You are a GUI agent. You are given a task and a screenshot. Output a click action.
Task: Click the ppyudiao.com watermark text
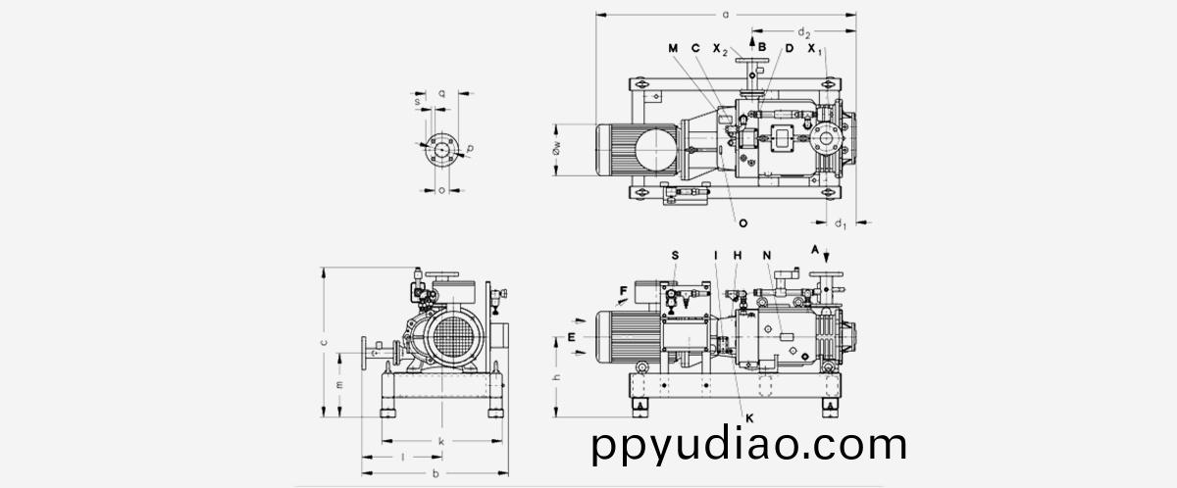[x=749, y=446]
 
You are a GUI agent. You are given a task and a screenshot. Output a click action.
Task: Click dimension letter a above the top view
[x=725, y=15]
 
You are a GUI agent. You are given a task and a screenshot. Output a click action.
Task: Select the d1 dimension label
[x=841, y=223]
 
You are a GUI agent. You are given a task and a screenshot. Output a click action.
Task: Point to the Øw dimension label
[x=555, y=149]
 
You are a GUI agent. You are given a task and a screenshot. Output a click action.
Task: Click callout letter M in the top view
[x=674, y=48]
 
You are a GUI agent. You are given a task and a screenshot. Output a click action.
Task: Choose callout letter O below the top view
[x=743, y=223]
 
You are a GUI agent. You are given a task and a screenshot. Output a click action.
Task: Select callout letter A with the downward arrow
[x=814, y=251]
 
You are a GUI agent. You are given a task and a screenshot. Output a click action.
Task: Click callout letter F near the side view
[x=623, y=290]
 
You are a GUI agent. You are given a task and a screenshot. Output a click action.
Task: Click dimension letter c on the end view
[x=324, y=342]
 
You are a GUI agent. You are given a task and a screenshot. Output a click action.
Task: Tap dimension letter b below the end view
[x=435, y=474]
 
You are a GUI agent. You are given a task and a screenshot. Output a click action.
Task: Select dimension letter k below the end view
[x=441, y=442]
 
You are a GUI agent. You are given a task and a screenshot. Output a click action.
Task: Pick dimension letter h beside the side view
[x=556, y=378]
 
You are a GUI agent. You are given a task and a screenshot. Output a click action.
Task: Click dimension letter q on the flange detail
[x=442, y=93]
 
